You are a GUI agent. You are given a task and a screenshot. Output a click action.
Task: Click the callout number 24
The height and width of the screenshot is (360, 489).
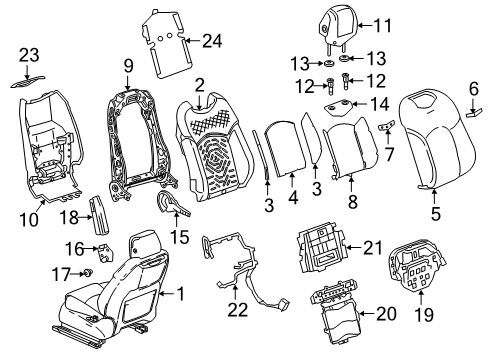(x=211, y=42)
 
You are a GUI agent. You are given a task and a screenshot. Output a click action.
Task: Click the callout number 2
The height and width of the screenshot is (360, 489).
(x=201, y=85)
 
